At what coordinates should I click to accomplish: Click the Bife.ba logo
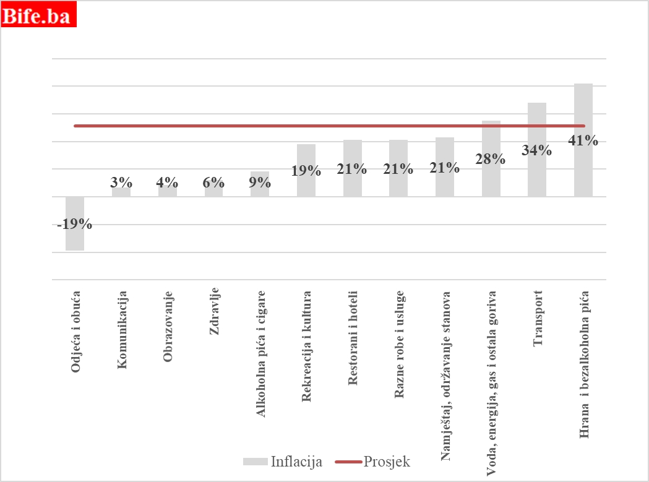[38, 15]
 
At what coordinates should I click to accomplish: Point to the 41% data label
[583, 140]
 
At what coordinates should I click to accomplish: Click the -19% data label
[75, 225]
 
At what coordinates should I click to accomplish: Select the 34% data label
[536, 150]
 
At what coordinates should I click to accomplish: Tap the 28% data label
[491, 158]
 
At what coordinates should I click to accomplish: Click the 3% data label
[121, 182]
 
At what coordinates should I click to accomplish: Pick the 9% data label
[260, 182]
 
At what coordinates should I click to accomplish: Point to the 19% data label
[306, 171]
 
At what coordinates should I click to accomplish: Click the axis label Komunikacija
[122, 330]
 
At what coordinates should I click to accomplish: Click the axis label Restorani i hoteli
[353, 338]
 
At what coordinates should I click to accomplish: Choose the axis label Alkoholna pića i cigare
[260, 353]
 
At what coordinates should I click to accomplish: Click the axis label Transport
[537, 318]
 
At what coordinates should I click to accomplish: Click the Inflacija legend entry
[283, 462]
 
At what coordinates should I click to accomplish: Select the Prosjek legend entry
[372, 462]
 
